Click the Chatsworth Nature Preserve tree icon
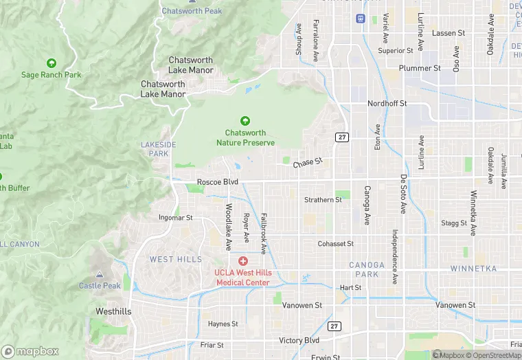pyautogui.click(x=245, y=121)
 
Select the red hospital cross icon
pyautogui.click(x=243, y=261)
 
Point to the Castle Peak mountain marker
pyautogui.click(x=100, y=275)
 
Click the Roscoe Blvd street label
pyautogui.click(x=217, y=182)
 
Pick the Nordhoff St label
pyautogui.click(x=387, y=104)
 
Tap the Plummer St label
pyautogui.click(x=421, y=68)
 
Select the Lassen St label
pyautogui.click(x=449, y=33)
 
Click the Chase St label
pyautogui.click(x=307, y=164)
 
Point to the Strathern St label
pyautogui.click(x=323, y=200)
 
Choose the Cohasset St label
pyautogui.click(x=335, y=244)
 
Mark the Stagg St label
pyautogui.click(x=454, y=223)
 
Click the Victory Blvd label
pyautogui.click(x=299, y=340)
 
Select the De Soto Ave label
pyautogui.click(x=403, y=193)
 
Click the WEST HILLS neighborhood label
pyautogui.click(x=176, y=259)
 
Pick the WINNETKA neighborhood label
pyautogui.click(x=473, y=269)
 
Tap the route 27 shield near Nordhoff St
pyautogui.click(x=342, y=137)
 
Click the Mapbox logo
pyautogui.click(x=30, y=351)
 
